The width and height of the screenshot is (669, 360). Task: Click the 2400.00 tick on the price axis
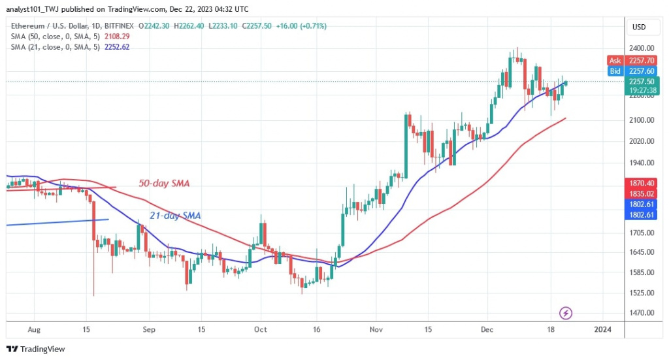[643, 48]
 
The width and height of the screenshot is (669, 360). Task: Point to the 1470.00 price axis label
[643, 313]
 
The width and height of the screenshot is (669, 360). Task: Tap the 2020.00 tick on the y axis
[643, 141]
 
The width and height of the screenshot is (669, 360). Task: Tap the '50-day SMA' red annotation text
[163, 184]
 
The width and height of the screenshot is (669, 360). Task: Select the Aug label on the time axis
[35, 331]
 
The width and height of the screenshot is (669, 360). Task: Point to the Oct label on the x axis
[261, 331]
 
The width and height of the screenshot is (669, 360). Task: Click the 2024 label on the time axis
[602, 331]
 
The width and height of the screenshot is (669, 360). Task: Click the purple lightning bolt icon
[566, 313]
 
